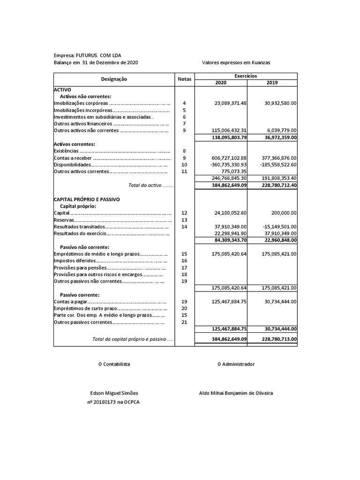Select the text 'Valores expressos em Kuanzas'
tap(236, 63)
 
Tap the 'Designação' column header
tap(114, 80)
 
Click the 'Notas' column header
tap(185, 80)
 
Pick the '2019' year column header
tap(272, 82)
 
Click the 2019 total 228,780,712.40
tap(273, 186)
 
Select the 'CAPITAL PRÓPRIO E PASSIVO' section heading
tap(87, 199)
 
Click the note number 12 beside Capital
tap(184, 213)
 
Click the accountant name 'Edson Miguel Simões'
tap(114, 393)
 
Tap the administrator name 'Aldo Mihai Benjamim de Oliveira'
tap(236, 393)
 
